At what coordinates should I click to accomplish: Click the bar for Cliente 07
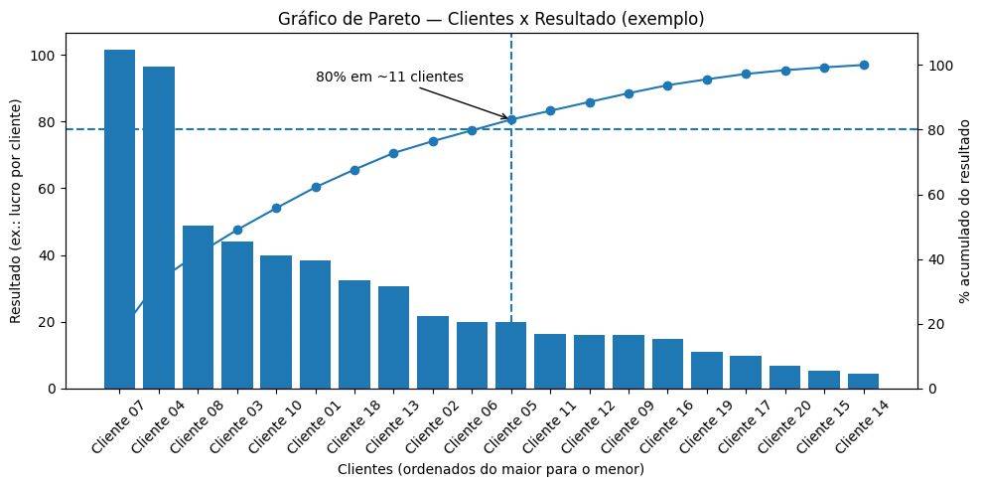[x=119, y=219]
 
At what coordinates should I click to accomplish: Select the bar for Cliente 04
[x=159, y=228]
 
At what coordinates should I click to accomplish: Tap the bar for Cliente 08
[x=198, y=307]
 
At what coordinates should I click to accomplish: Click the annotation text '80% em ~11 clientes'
[x=389, y=77]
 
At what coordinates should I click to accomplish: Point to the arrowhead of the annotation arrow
[x=508, y=118]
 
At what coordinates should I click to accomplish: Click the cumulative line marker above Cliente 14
[x=864, y=66]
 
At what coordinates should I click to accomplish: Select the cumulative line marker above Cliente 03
[x=237, y=230]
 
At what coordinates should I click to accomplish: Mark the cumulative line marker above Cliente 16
[x=667, y=85]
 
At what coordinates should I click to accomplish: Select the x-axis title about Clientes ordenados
[x=491, y=468]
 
